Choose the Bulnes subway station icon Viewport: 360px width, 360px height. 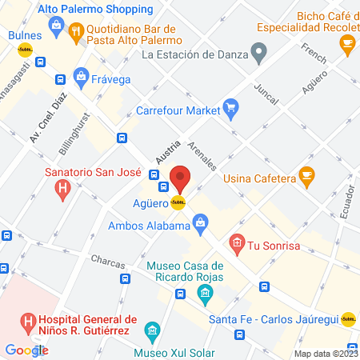click(x=22, y=50)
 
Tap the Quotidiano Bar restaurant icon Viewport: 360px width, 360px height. click(x=77, y=32)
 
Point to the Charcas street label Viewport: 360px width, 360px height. click(x=107, y=260)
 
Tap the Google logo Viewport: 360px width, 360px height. click(x=26, y=350)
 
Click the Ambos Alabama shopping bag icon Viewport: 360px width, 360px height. click(x=201, y=220)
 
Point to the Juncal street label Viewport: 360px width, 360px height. click(x=265, y=95)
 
